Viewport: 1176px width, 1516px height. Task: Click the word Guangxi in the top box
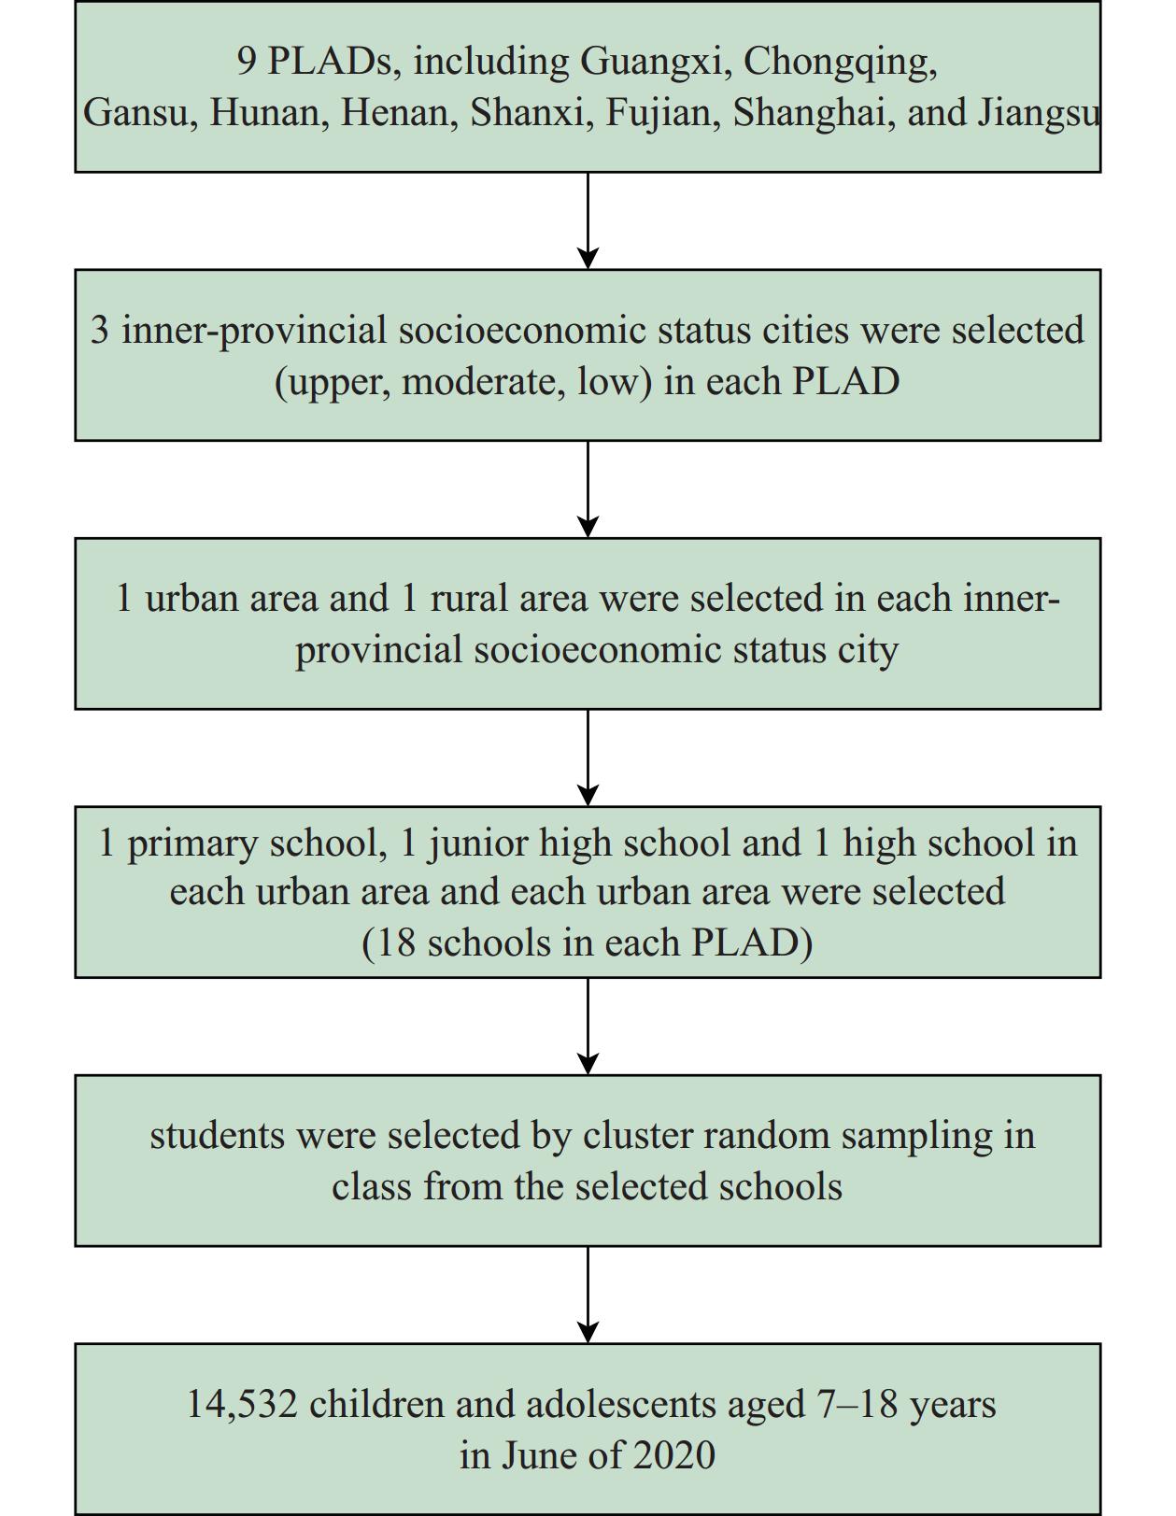(x=650, y=63)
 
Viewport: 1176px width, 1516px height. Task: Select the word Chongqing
(x=840, y=63)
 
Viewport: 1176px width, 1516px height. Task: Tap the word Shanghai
(x=814, y=113)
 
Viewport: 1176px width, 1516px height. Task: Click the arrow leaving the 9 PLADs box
(x=588, y=220)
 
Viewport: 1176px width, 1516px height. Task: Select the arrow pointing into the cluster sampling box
(x=588, y=1027)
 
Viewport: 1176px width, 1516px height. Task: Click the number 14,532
(x=242, y=1404)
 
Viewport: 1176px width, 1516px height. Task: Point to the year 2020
(x=674, y=1455)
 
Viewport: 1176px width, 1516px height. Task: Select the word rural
(x=463, y=598)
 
